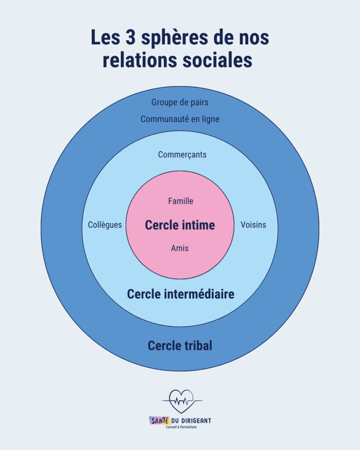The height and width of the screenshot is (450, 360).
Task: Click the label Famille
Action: pyautogui.click(x=180, y=201)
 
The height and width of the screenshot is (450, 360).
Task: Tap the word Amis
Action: pyautogui.click(x=180, y=248)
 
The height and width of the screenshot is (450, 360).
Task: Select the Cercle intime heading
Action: pyautogui.click(x=180, y=225)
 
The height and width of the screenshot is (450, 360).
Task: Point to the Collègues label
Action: pyautogui.click(x=105, y=225)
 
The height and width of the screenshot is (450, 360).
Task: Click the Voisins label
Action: pyautogui.click(x=253, y=225)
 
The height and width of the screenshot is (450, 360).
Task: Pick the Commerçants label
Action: pyautogui.click(x=182, y=155)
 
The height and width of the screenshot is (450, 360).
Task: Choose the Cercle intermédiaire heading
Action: pyautogui.click(x=180, y=294)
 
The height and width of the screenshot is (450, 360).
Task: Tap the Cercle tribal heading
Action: pyautogui.click(x=180, y=346)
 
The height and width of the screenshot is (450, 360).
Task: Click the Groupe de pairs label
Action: pyautogui.click(x=180, y=102)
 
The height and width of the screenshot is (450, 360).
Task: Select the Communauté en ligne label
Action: pyautogui.click(x=180, y=119)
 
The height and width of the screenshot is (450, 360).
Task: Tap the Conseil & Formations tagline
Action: pyautogui.click(x=181, y=427)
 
